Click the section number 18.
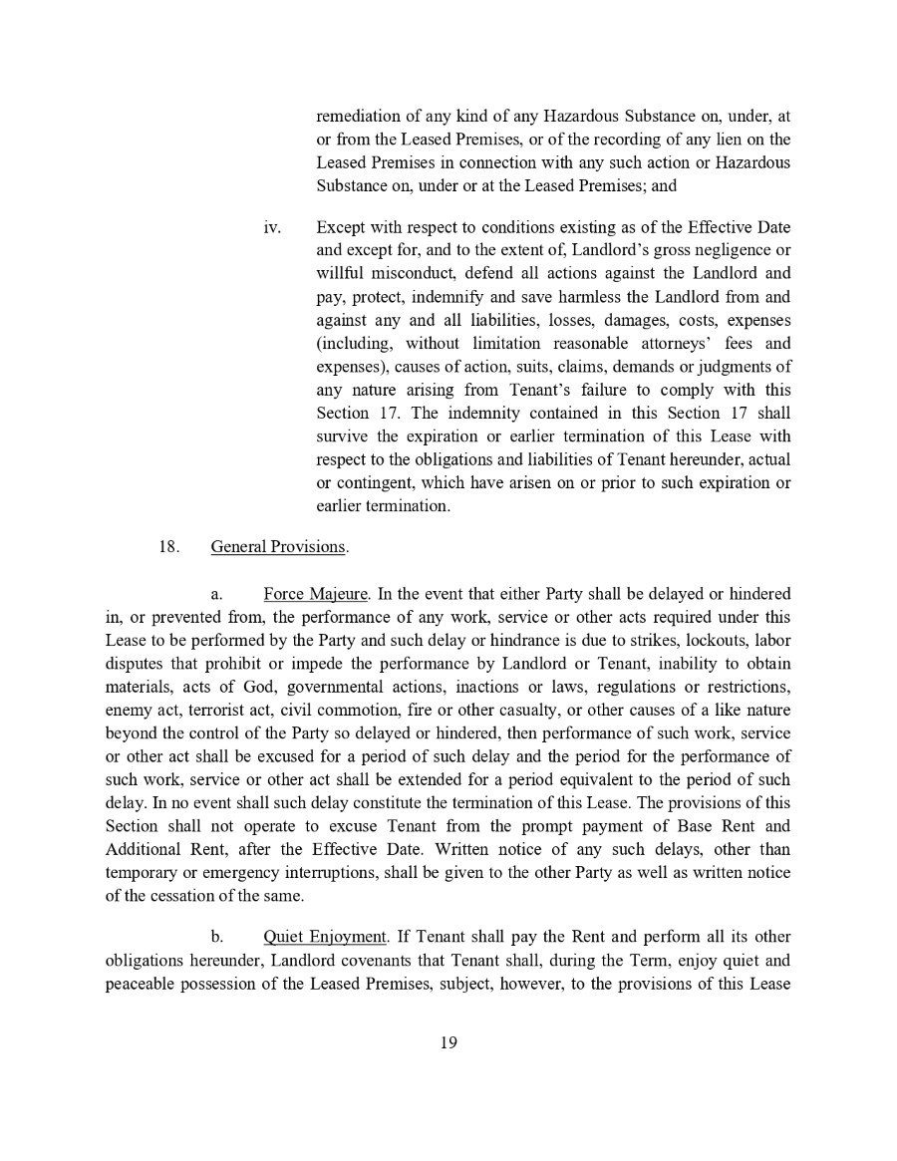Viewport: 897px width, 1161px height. pyautogui.click(x=167, y=547)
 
